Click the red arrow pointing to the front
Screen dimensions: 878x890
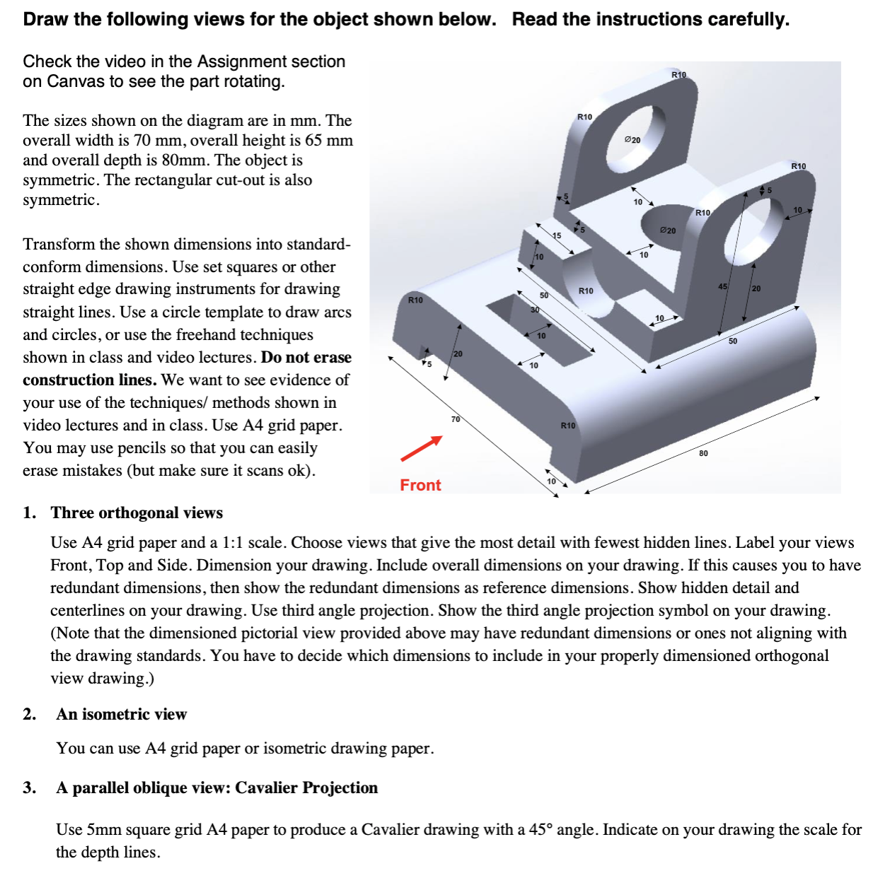click(422, 448)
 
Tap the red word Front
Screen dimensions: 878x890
click(420, 485)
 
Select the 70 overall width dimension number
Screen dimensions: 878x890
click(456, 419)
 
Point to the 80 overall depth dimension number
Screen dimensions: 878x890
click(703, 453)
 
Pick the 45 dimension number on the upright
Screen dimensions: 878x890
click(722, 286)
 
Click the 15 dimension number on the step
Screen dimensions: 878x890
click(557, 235)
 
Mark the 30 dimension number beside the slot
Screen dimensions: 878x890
click(535, 310)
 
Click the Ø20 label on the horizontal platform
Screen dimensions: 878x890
click(668, 230)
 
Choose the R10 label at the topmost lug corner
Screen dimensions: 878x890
click(678, 74)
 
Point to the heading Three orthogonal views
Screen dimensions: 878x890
click(137, 513)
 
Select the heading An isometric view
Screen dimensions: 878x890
click(122, 714)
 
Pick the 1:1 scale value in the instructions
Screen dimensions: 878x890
click(233, 542)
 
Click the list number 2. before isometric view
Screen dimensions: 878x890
click(29, 714)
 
